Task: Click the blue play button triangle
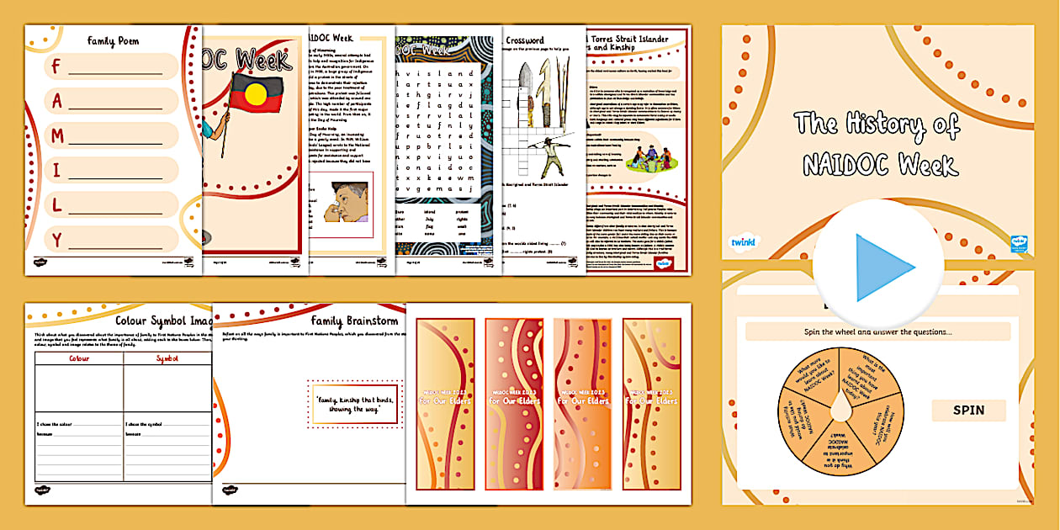coord(882,268)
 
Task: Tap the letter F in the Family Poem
coord(57,66)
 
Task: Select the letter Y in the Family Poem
coord(57,240)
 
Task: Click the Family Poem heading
coord(112,40)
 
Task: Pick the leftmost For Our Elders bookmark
coord(445,404)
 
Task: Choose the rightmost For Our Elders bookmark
coord(651,404)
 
